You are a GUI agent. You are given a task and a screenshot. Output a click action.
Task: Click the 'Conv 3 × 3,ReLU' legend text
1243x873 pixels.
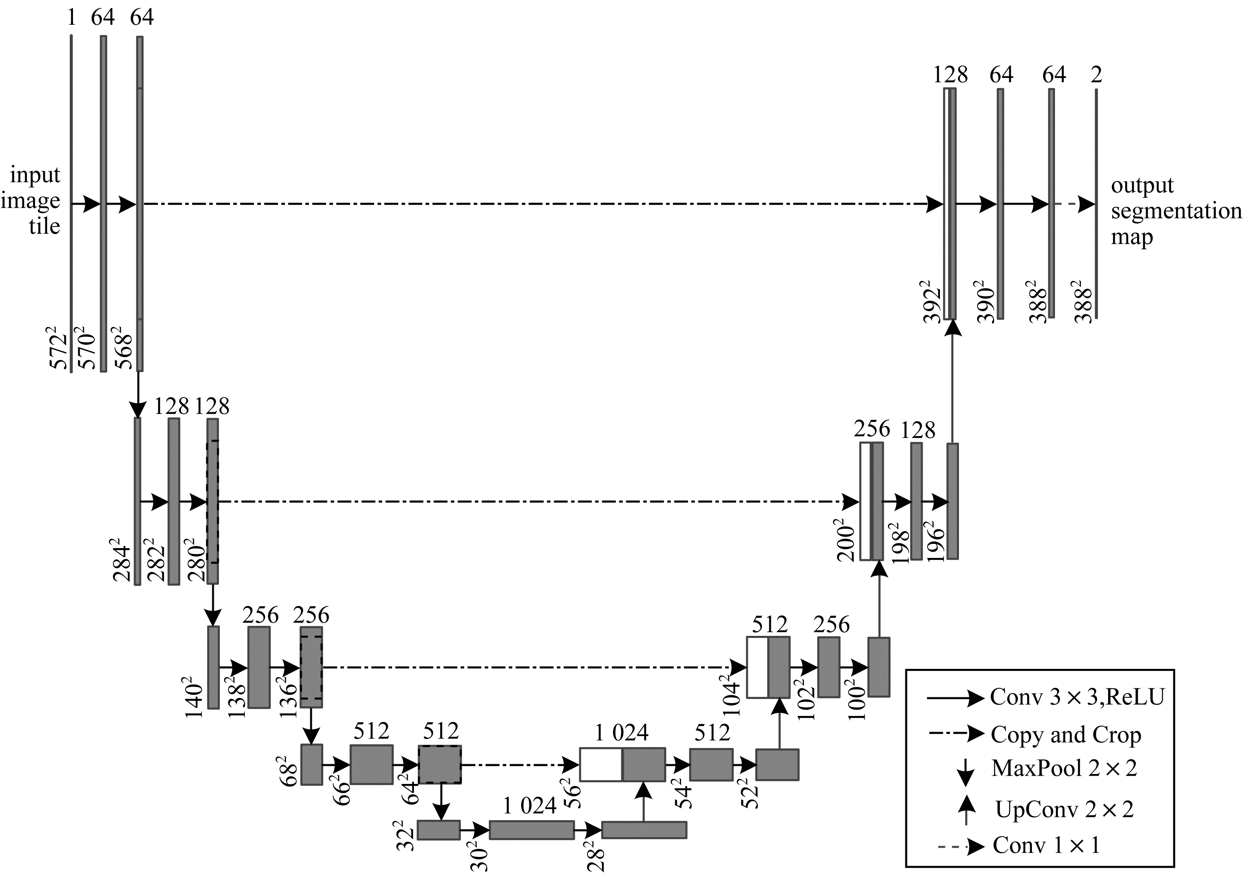(1077, 697)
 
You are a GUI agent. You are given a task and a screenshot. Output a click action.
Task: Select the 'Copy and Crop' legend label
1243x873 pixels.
(1066, 734)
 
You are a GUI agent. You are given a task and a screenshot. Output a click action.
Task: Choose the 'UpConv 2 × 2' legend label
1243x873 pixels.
(1064, 809)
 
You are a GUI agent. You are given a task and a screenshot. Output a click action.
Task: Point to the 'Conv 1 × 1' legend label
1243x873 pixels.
(1046, 845)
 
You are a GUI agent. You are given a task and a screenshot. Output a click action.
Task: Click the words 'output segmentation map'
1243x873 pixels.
(1176, 211)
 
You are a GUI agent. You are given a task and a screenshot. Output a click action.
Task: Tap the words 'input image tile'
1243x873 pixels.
(31, 200)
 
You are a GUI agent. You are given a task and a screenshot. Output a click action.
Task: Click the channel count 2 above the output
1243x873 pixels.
(1096, 75)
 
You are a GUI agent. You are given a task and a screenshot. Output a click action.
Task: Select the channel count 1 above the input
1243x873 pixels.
(71, 18)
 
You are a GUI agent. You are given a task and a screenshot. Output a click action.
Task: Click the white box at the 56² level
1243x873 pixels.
(601, 765)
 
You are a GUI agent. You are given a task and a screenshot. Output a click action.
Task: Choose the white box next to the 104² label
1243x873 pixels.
(757, 667)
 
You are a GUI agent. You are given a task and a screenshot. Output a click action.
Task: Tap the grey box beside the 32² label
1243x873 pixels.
(439, 830)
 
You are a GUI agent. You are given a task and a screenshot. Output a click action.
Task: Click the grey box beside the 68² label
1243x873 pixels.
(311, 765)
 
